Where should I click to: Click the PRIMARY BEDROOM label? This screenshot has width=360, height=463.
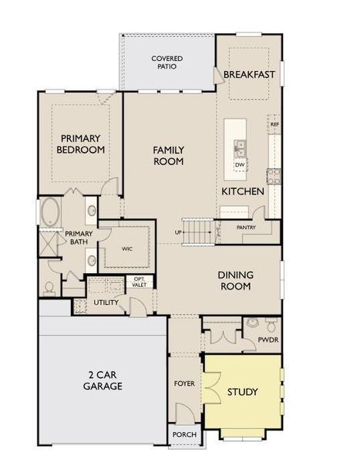(x=81, y=144)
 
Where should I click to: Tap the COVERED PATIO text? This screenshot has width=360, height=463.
(x=167, y=63)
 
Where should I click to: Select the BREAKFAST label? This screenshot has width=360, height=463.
(x=249, y=74)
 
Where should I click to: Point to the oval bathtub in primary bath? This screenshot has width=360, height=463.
(x=52, y=211)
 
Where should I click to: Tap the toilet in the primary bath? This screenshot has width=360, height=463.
(x=49, y=287)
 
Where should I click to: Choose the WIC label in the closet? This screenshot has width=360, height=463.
(x=126, y=249)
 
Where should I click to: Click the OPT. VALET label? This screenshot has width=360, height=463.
(x=140, y=282)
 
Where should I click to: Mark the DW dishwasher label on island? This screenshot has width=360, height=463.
(x=240, y=164)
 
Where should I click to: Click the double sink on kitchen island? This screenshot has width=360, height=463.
(x=240, y=146)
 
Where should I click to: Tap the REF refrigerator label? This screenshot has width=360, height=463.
(x=274, y=123)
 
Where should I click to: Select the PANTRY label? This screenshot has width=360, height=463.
(x=246, y=228)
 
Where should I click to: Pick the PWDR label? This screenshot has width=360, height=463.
(x=267, y=339)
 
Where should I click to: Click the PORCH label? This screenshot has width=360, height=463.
(x=184, y=435)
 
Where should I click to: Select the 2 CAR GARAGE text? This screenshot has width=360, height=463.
(x=103, y=380)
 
